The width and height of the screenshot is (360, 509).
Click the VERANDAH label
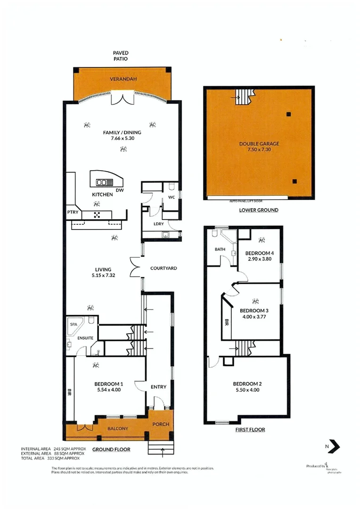click(123, 79)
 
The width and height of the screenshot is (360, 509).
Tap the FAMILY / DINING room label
click(122, 132)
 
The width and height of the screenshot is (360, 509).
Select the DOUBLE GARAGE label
click(259, 144)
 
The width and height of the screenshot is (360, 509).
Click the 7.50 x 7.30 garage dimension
click(259, 150)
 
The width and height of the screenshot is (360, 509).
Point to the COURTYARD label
click(164, 268)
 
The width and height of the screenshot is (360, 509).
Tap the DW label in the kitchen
click(120, 190)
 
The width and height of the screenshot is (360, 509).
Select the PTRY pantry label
click(73, 213)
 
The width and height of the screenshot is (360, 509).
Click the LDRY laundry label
click(158, 224)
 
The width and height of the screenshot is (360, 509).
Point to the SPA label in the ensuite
click(74, 325)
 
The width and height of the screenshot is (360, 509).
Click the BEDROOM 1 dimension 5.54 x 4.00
click(109, 390)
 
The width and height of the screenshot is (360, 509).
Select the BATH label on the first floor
click(220, 249)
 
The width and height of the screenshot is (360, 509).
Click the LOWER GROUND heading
click(259, 210)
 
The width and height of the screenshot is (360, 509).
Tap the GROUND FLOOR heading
click(111, 450)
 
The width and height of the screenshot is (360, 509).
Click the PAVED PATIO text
click(121, 56)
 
